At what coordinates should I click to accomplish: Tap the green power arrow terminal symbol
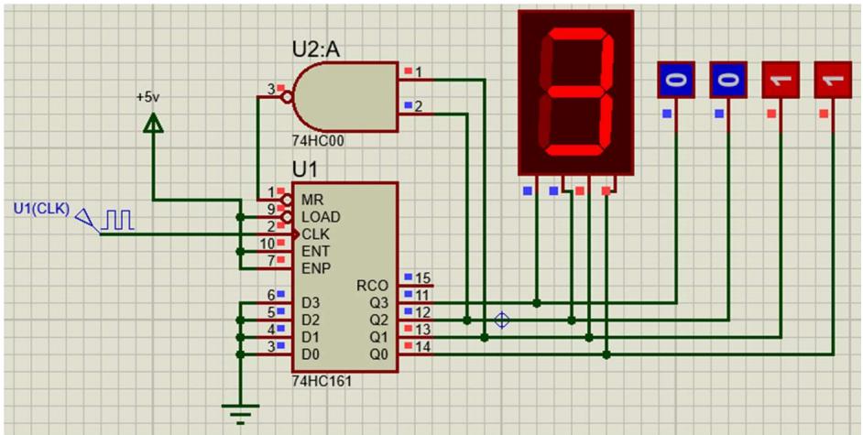pos(153,121)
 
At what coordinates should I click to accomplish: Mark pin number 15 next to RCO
pos(422,277)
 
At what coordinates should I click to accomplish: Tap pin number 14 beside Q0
pos(422,346)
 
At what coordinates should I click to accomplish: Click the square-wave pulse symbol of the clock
pos(119,220)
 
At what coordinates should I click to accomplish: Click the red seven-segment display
pos(575,92)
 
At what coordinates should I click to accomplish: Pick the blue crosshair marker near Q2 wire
pos(501,321)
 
